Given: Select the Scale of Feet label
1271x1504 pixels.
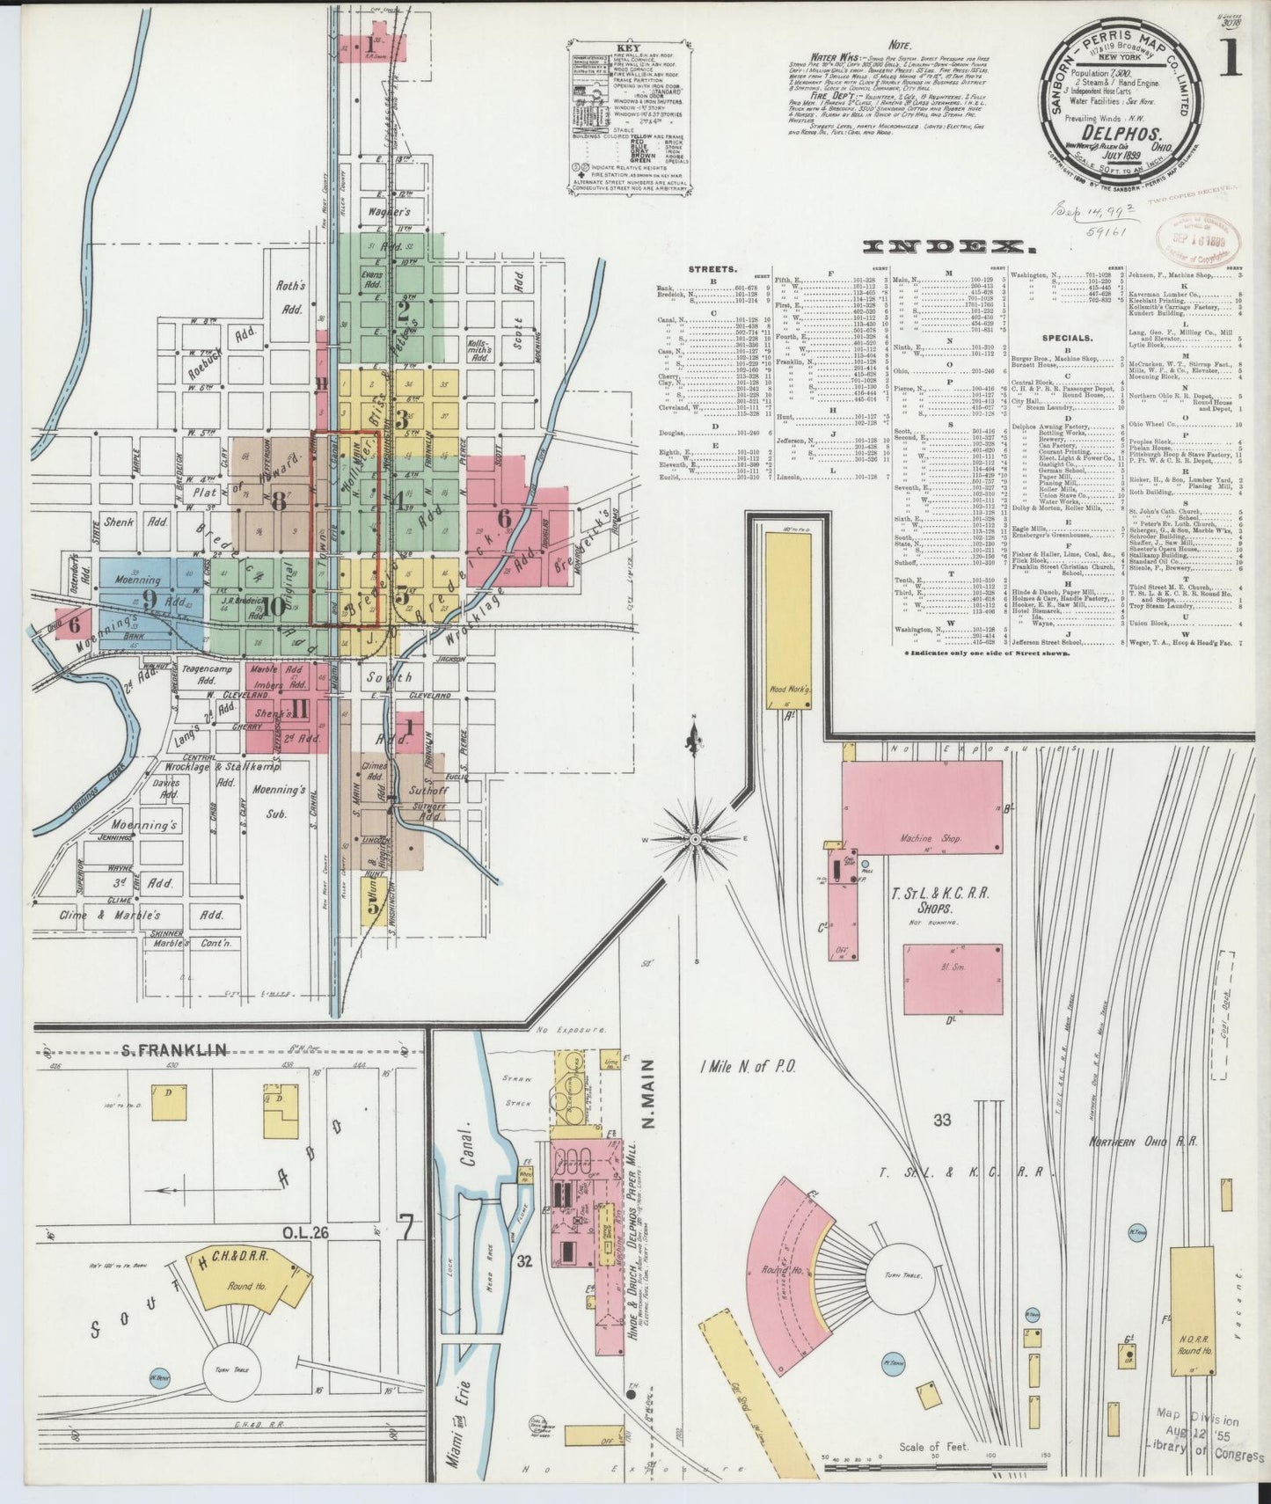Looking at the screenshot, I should (933, 1445).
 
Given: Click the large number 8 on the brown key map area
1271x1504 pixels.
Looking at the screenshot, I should (280, 501).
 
